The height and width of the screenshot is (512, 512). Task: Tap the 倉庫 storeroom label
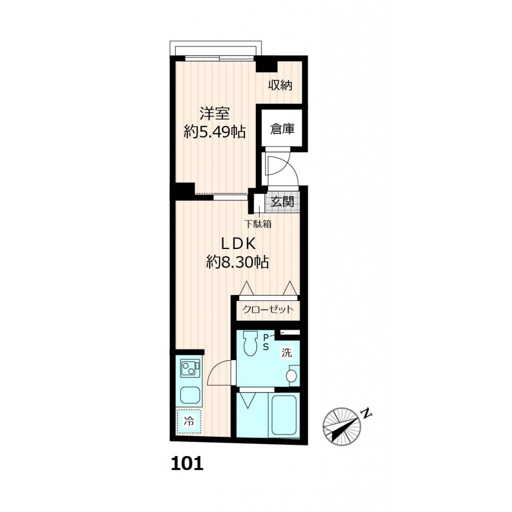coord(281,129)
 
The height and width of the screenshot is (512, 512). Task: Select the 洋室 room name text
coord(214,114)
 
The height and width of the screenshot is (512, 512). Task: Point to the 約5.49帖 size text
coord(214,132)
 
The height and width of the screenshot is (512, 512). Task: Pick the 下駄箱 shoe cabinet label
coord(258,224)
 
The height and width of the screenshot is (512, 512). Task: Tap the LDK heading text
coord(238,243)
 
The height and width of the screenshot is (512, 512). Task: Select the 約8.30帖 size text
coord(237,262)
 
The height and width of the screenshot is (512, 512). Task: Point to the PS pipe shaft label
coord(266,341)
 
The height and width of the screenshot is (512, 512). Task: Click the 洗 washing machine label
coord(286,352)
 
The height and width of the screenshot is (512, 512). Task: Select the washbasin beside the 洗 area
coord(292,376)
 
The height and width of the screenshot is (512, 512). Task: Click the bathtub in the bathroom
coord(283,414)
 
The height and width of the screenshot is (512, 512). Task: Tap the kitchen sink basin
coord(190,396)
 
